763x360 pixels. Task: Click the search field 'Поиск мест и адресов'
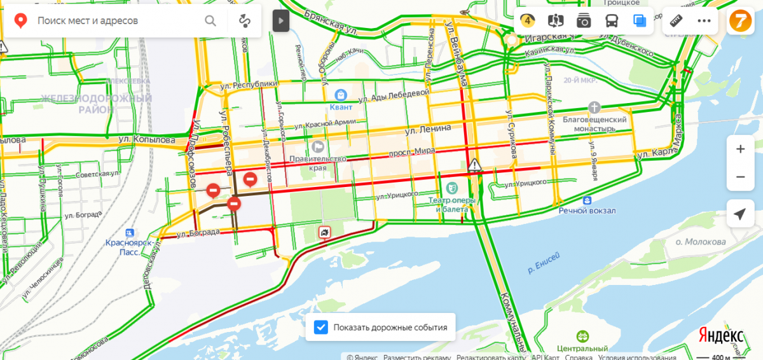(x=114, y=21)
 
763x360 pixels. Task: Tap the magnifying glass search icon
(x=210, y=21)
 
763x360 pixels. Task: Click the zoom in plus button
(x=740, y=149)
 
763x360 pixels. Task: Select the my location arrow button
(x=740, y=214)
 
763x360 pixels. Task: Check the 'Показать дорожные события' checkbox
(x=322, y=328)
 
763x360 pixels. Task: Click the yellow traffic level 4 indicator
(x=528, y=20)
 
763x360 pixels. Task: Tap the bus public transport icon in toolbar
(x=611, y=21)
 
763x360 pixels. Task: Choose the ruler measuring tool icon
(x=676, y=21)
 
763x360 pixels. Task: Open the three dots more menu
(x=704, y=21)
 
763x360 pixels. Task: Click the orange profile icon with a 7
(x=739, y=21)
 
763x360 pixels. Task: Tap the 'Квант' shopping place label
(x=341, y=107)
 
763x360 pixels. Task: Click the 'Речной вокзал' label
(x=588, y=211)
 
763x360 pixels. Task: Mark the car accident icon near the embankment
(x=325, y=233)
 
